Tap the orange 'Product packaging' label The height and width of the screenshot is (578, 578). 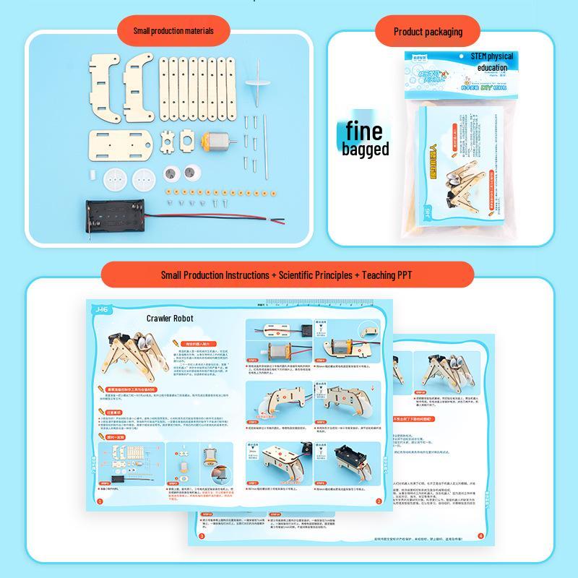(x=428, y=32)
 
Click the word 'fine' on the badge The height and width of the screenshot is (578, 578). (x=366, y=131)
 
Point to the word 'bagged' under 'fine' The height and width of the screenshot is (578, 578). (x=366, y=150)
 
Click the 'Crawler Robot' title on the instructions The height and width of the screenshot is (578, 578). (x=170, y=318)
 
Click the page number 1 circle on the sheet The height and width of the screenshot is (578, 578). (x=100, y=501)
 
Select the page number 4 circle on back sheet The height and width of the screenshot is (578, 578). (x=481, y=535)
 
